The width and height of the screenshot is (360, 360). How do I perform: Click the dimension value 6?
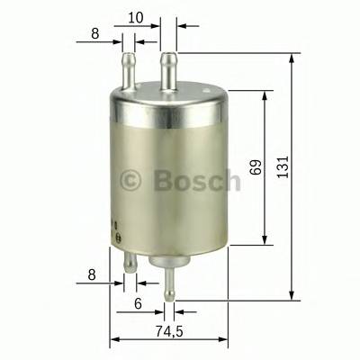(x=137, y=304)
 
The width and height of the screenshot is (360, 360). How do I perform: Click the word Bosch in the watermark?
(x=197, y=180)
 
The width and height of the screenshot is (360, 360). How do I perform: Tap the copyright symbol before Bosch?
(x=131, y=181)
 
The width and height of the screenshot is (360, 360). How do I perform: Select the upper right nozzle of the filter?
(x=167, y=67)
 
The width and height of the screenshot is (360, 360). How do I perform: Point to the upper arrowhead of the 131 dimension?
(x=292, y=58)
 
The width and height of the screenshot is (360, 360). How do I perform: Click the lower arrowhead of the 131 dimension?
(x=292, y=295)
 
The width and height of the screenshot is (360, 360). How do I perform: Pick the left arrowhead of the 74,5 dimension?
(x=114, y=340)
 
